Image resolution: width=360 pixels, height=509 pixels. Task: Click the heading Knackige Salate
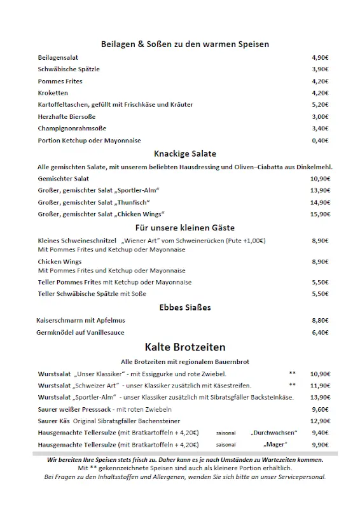point(185,153)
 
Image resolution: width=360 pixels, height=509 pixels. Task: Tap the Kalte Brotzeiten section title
point(185,347)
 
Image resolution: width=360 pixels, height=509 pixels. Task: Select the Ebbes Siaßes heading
point(185,307)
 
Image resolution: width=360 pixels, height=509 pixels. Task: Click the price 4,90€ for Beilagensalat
point(320,57)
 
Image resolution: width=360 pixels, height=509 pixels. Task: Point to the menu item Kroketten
point(53,93)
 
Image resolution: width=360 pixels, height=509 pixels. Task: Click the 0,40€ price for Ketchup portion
point(320,140)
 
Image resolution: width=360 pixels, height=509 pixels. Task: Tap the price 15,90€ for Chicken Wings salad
point(320,214)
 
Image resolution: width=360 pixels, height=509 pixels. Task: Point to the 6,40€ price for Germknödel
point(320,332)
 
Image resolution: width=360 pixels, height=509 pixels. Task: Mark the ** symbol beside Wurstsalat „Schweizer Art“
point(292,386)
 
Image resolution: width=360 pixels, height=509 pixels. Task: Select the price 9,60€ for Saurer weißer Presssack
point(320,409)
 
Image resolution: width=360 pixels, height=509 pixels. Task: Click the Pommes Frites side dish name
point(60,81)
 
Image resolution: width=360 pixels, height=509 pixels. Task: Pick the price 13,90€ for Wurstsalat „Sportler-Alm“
point(319,397)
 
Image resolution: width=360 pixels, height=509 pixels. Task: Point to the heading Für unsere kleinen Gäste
point(185,227)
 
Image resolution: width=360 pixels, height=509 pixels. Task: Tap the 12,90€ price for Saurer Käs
point(319,421)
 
